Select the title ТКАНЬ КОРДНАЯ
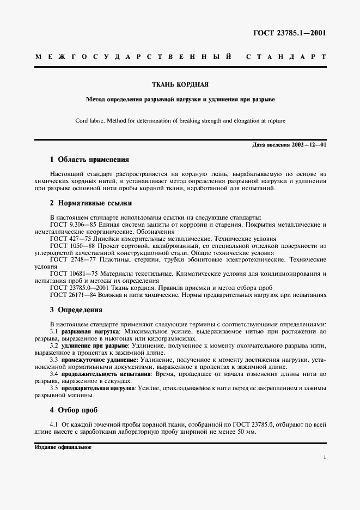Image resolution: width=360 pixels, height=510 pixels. pos(180,84)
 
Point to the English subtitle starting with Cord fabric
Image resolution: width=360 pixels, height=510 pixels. pos(180,120)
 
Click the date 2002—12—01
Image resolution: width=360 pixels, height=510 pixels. pos(308,145)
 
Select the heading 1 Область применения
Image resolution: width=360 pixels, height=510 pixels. pos(89,160)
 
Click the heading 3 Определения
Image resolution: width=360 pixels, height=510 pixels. pos(76,310)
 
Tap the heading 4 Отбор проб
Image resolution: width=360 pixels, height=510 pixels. pos(74,410)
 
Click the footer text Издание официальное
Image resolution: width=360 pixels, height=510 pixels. pos(63,447)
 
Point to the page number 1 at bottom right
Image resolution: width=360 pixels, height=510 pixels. pos(325,459)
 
